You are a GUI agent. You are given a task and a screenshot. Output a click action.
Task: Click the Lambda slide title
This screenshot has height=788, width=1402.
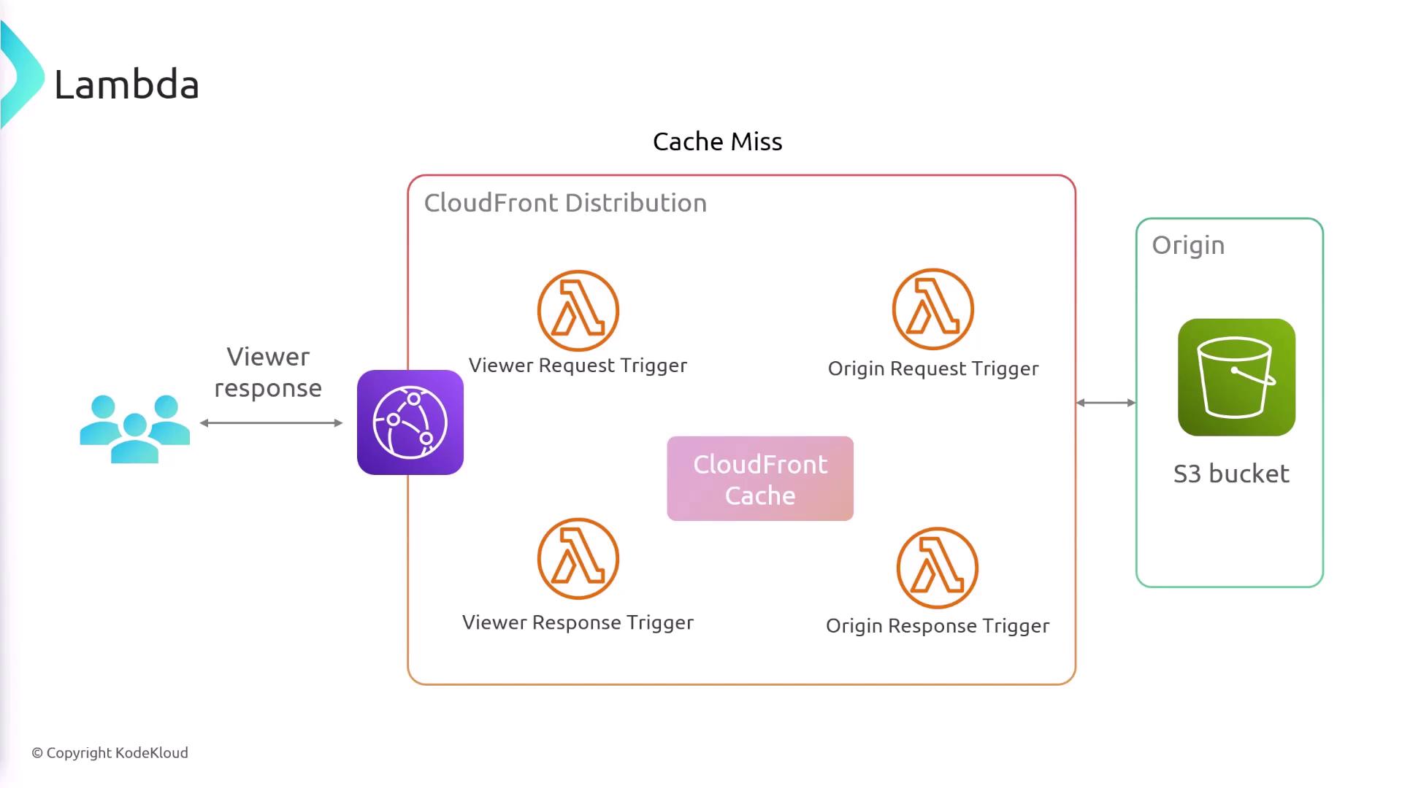[x=126, y=85]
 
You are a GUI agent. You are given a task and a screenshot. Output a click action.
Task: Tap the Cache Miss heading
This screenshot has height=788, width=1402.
[x=717, y=142]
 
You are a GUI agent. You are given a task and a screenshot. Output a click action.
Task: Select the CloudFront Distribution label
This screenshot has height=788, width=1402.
[x=565, y=203]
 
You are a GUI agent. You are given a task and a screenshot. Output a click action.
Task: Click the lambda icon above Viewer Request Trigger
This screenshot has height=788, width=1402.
[x=578, y=311]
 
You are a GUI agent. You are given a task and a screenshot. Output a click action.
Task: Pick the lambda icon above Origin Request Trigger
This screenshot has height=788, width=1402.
[x=932, y=309]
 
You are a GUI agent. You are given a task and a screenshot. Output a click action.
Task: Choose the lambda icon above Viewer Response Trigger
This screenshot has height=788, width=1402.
[x=578, y=559]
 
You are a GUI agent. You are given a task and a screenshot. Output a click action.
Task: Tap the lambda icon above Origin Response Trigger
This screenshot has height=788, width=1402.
[x=937, y=568]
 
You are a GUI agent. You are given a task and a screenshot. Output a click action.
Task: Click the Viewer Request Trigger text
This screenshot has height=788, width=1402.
[x=578, y=366]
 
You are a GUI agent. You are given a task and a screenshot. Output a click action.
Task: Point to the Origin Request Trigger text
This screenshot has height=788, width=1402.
[x=932, y=368]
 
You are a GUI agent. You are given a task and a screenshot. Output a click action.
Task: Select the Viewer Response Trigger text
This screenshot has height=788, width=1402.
[x=578, y=622]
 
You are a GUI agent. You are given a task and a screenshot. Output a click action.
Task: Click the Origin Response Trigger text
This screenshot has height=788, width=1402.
[x=937, y=626]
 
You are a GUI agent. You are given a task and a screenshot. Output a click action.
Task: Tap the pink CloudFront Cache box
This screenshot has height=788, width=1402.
[x=759, y=479]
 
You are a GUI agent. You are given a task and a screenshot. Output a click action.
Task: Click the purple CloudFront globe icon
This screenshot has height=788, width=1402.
[x=410, y=422]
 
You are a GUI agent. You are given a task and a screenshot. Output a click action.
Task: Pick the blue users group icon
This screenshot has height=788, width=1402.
[x=135, y=428]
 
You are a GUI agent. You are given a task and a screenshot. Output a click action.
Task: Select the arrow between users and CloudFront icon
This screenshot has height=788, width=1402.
[x=271, y=422]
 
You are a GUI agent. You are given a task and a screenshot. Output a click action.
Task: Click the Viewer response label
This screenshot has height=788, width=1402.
[x=268, y=372]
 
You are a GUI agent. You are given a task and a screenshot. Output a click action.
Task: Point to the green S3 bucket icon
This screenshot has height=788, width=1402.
[x=1236, y=377]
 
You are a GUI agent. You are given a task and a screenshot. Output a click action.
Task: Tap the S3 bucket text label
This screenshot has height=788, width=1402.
[x=1231, y=474]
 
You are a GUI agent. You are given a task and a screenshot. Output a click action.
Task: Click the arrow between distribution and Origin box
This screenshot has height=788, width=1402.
[x=1106, y=403]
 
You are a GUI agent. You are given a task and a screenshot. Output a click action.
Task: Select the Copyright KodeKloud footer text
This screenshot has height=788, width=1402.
[x=110, y=753]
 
